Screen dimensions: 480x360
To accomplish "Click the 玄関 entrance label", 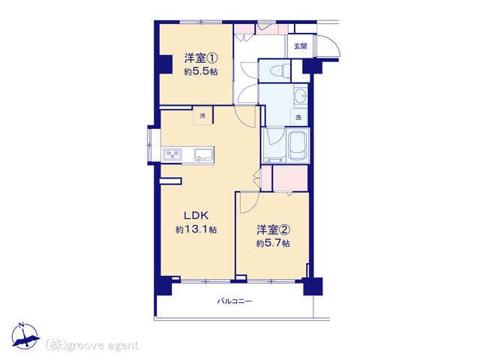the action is click(x=300, y=46).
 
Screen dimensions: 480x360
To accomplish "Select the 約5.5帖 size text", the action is click(x=201, y=72).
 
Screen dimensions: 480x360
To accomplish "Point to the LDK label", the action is click(x=196, y=215).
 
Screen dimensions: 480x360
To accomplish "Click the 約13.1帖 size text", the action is click(x=196, y=229).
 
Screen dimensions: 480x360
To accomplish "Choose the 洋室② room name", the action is click(x=273, y=229).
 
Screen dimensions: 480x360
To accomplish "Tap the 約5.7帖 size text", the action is click(x=273, y=243).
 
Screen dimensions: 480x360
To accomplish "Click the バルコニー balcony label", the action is click(x=235, y=301).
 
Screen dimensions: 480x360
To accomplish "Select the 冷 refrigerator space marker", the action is click(x=202, y=115).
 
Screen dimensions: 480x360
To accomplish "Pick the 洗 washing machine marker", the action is click(x=298, y=117).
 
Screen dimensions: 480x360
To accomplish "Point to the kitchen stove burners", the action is click(x=172, y=154).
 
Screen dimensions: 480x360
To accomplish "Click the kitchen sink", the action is click(x=203, y=154).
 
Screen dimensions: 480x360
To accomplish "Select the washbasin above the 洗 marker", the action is click(x=301, y=95).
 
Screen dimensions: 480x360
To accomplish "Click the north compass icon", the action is click(x=25, y=336).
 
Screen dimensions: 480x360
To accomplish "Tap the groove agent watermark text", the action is click(x=92, y=346).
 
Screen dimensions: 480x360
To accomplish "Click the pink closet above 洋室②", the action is click(x=290, y=178).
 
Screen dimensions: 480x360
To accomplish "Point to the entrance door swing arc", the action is click(x=328, y=46).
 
